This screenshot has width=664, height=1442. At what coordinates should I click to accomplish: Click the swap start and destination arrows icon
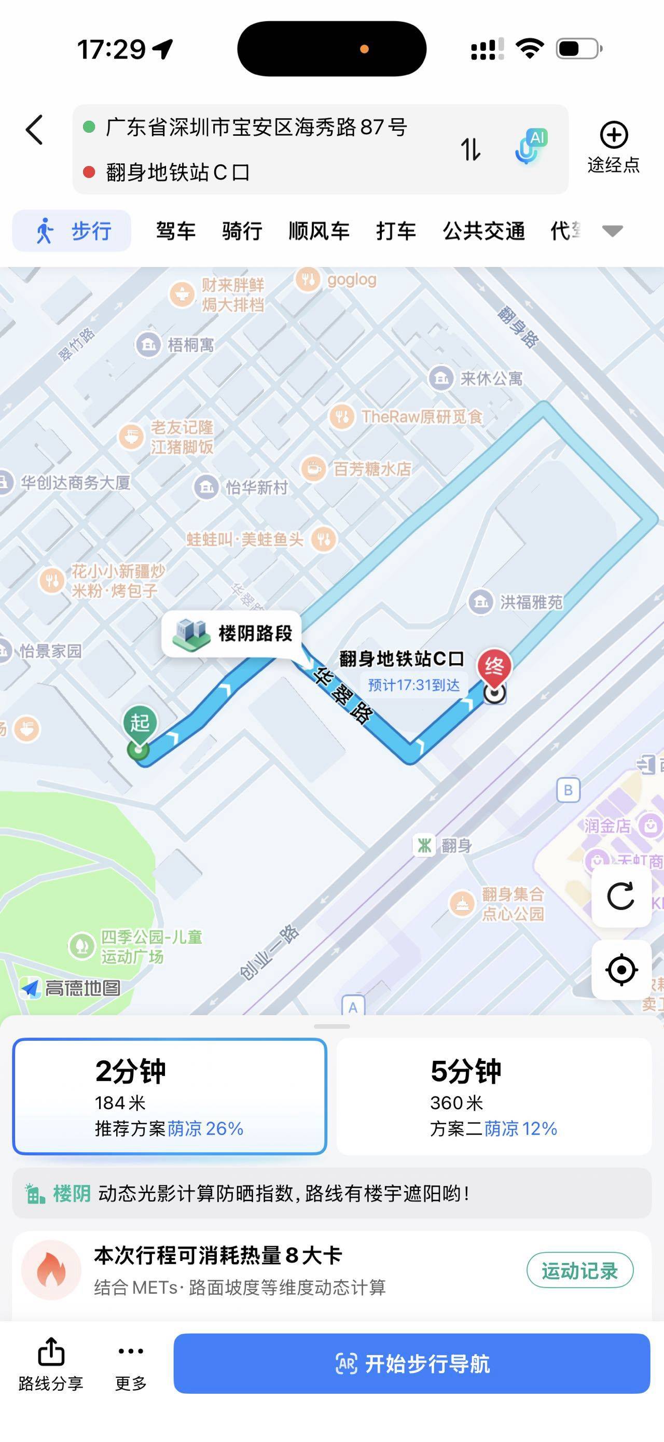[471, 149]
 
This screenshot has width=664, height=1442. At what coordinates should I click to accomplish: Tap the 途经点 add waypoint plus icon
[614, 135]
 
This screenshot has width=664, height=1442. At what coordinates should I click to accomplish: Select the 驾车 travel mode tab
[175, 231]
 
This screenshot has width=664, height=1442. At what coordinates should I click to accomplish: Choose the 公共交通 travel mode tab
[483, 231]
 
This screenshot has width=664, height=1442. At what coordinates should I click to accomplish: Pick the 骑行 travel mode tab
[242, 231]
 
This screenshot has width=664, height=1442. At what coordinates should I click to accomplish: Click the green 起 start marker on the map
[140, 723]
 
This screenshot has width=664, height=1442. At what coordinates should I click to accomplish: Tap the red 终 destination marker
[494, 667]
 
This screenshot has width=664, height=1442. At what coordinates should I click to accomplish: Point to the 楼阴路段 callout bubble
[232, 634]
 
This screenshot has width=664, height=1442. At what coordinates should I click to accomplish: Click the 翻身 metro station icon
[424, 845]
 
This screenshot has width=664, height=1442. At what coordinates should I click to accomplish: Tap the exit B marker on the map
[568, 790]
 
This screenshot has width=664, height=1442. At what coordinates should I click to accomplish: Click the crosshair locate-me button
[621, 970]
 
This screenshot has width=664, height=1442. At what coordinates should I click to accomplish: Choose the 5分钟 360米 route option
[494, 1096]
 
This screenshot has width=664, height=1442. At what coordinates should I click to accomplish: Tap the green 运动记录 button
[579, 1271]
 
